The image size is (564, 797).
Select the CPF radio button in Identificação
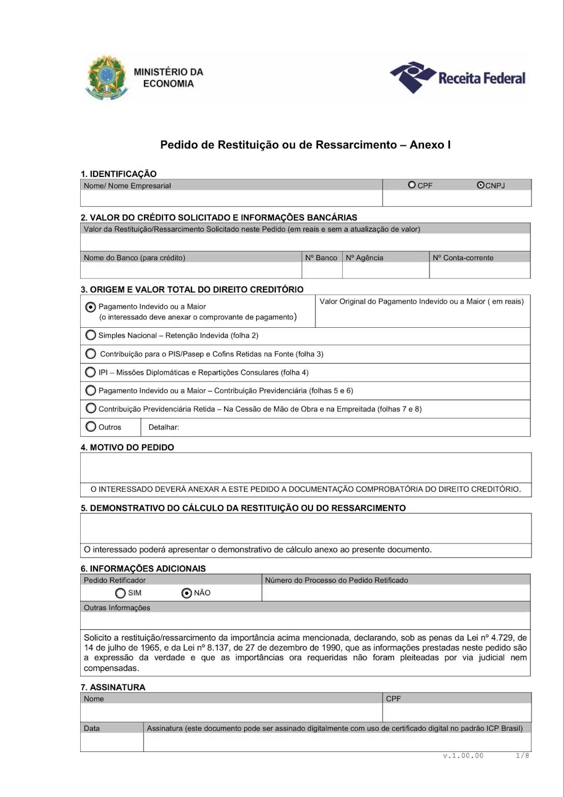click(x=412, y=185)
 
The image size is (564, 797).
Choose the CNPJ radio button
click(x=480, y=185)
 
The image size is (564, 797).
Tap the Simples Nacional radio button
click(x=91, y=335)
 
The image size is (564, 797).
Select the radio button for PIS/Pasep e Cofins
click(x=91, y=354)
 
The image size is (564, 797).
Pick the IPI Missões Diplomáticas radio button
click(x=91, y=372)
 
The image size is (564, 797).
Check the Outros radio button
click(x=91, y=427)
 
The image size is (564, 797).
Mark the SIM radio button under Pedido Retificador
click(x=120, y=593)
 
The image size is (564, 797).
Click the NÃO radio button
click(x=187, y=593)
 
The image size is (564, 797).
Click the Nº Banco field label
click(x=321, y=258)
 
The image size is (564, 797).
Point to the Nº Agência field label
click(x=365, y=258)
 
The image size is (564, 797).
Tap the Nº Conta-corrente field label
click(x=463, y=258)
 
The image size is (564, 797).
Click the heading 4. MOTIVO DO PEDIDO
click(x=128, y=447)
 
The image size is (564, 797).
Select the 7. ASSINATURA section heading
click(x=113, y=687)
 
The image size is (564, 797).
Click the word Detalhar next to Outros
click(x=164, y=427)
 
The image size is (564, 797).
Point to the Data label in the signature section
click(x=92, y=728)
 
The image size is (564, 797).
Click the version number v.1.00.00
click(x=463, y=756)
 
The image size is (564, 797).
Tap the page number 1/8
click(x=522, y=756)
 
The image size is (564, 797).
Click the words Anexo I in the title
click(x=430, y=145)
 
